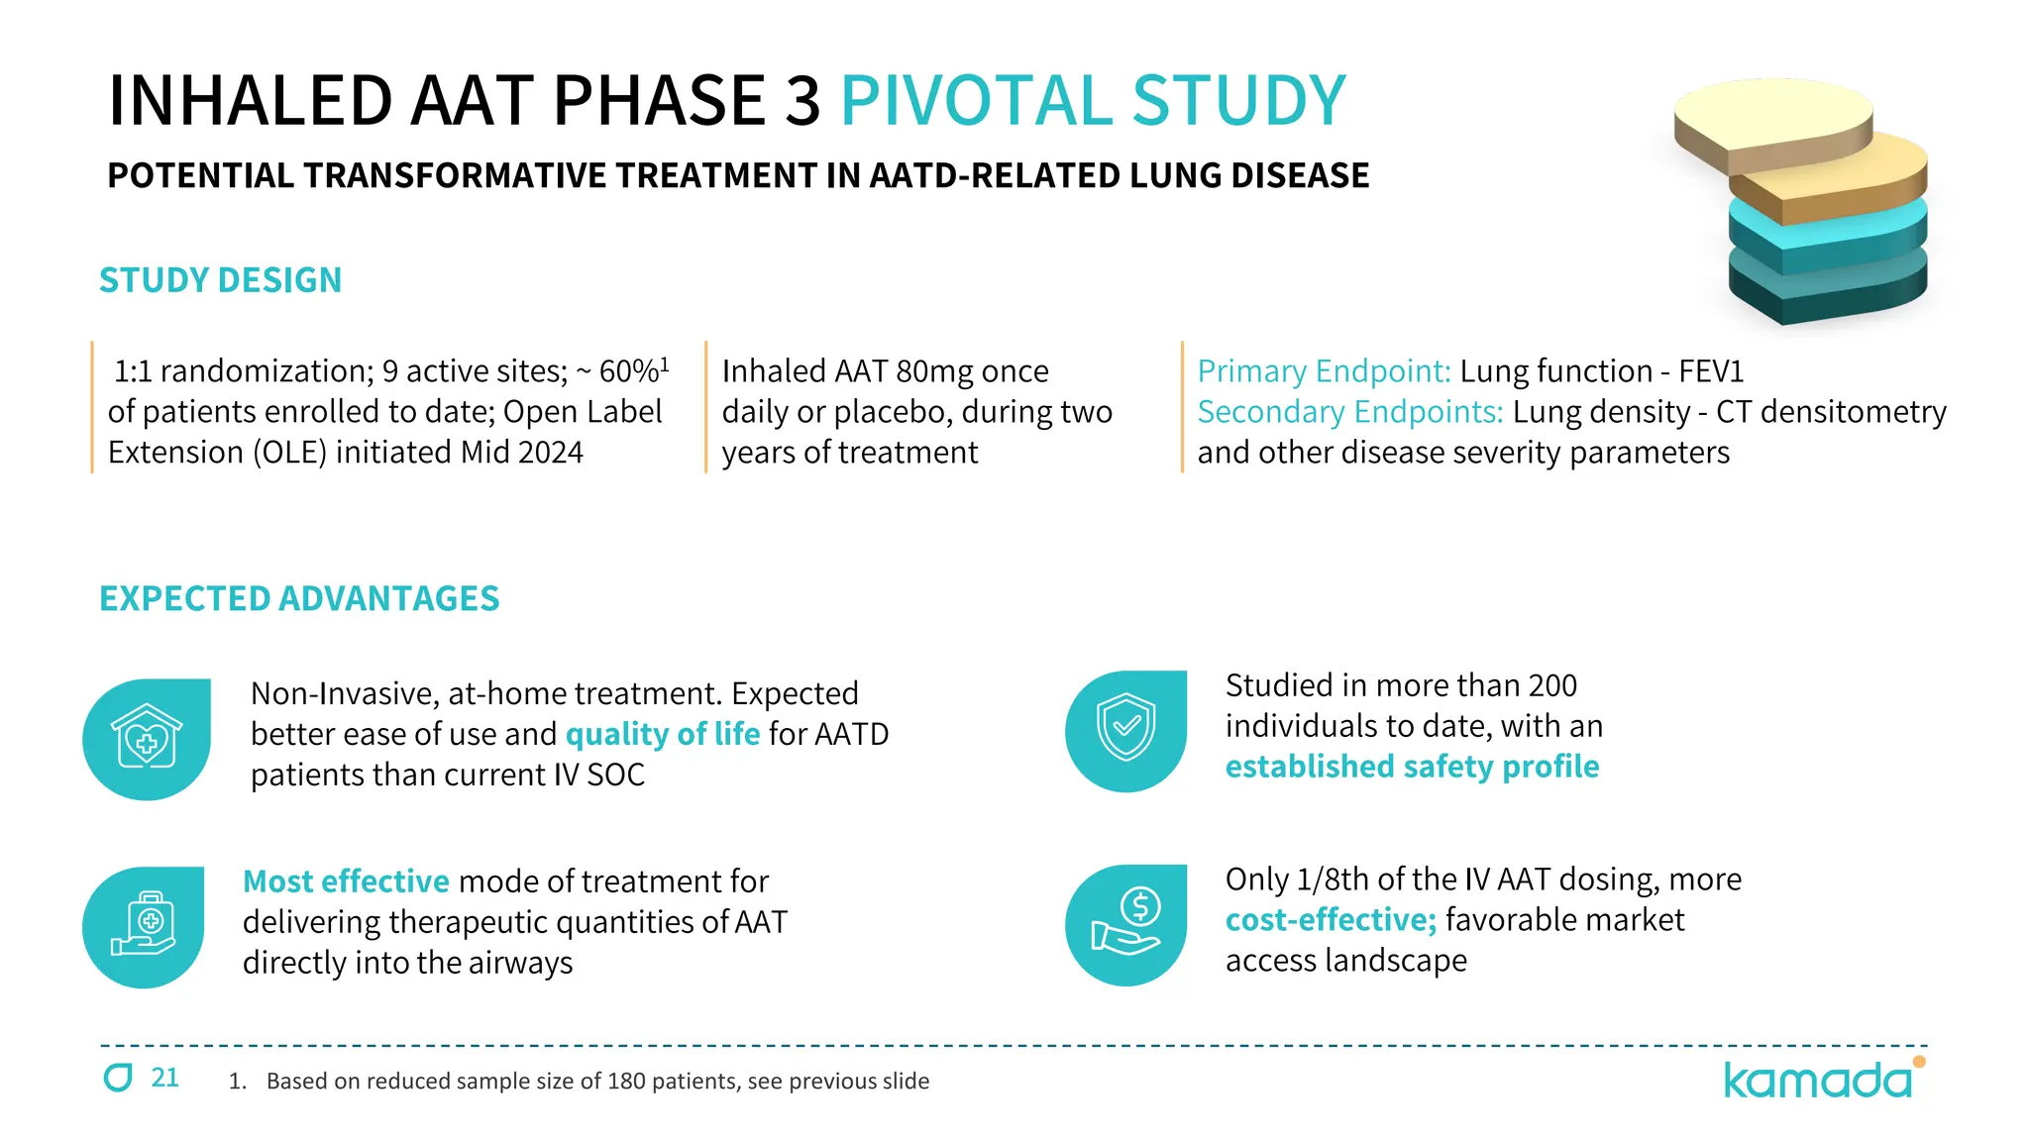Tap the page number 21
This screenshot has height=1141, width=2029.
pos(164,1078)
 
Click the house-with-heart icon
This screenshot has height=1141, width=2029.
pos(147,738)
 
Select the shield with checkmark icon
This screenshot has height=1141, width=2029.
pos(1126,729)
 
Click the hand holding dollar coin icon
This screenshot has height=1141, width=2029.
pos(1126,923)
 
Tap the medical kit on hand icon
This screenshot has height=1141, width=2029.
pos(145,925)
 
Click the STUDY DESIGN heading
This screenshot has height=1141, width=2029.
pos(220,280)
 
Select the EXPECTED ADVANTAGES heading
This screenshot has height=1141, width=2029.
pos(299,598)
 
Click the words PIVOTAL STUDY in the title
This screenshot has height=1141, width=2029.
pos(1093,100)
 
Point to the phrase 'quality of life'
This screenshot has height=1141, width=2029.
pos(662,734)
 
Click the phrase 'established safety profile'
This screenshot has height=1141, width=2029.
pos(1412,767)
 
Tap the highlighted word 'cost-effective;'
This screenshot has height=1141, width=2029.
pos(1331,920)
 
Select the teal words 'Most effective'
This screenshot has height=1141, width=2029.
pos(346,882)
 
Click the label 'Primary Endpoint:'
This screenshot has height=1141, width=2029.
pos(1324,371)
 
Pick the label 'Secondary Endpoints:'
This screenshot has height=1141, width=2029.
pos(1349,412)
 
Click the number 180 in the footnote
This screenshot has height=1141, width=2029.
pos(626,1082)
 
